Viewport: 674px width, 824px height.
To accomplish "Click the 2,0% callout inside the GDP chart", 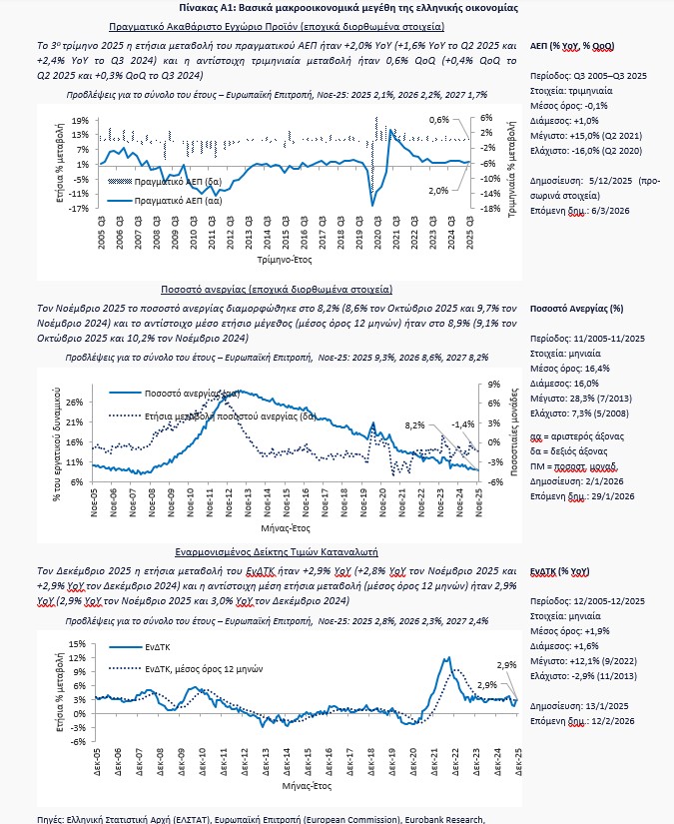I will point(438,190).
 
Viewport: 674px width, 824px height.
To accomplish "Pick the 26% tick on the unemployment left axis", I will point(76,404).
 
